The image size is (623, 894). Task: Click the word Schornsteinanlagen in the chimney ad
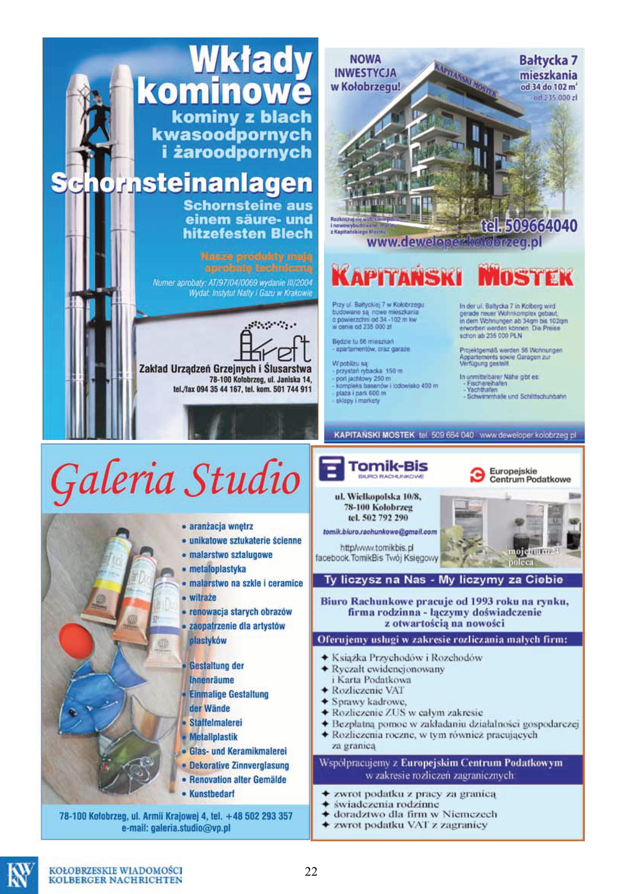[x=182, y=183]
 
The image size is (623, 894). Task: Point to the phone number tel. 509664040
[x=529, y=226]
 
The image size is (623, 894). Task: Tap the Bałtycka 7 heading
[x=548, y=60]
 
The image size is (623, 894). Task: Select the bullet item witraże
[x=203, y=597]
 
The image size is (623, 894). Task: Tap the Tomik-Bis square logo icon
[x=331, y=469]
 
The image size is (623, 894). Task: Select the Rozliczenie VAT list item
[x=368, y=690]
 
